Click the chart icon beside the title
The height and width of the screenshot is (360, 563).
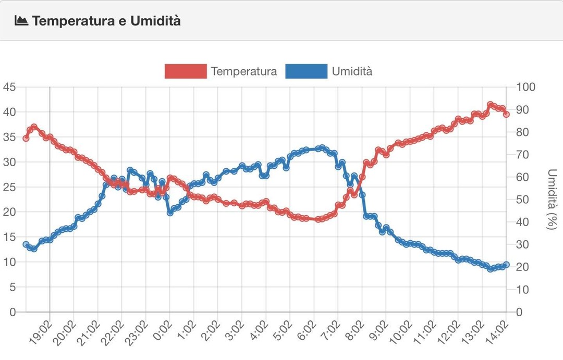click(21, 21)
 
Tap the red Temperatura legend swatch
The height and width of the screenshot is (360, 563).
click(186, 71)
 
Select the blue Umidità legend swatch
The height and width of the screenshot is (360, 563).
click(307, 71)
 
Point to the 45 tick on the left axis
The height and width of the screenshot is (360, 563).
click(9, 87)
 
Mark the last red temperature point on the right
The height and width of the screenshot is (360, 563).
click(506, 114)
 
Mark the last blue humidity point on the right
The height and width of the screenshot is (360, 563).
click(506, 265)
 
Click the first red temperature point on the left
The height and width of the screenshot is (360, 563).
click(26, 138)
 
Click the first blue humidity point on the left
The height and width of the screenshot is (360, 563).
click(26, 244)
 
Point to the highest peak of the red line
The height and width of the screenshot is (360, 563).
click(490, 105)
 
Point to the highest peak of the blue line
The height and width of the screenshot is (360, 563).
click(322, 148)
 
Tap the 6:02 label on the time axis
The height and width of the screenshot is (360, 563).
click(305, 332)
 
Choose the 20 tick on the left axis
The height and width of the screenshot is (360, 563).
click(9, 212)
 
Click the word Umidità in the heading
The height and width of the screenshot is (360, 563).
click(155, 21)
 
